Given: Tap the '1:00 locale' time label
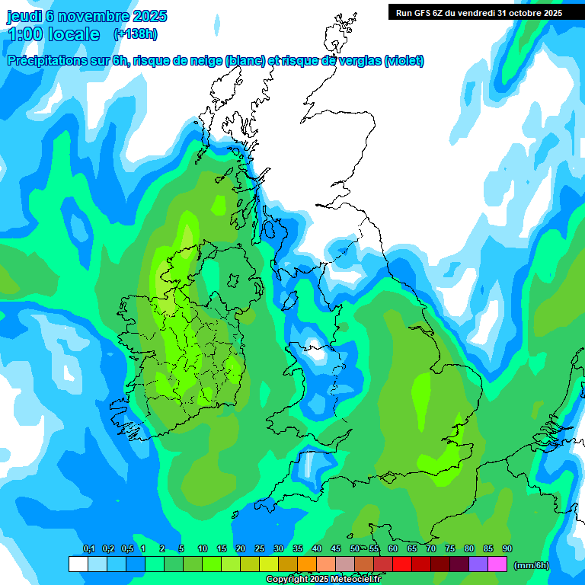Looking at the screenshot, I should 53,34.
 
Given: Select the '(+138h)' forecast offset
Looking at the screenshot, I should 135,34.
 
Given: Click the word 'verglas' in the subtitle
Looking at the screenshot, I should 360,61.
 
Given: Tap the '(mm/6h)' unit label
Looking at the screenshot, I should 532,565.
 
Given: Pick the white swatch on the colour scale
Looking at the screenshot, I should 78,564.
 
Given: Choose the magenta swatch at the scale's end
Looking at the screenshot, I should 497,564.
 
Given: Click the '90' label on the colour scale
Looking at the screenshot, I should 507,549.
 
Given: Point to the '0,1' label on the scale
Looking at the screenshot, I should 89,549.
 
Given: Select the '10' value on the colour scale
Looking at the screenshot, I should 203,549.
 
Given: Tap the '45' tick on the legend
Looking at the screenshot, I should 336,549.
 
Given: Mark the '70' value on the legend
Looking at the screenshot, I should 431,549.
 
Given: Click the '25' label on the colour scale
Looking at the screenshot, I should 260,549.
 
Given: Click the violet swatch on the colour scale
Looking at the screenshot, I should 478,564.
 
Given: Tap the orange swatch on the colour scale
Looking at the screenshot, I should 307,564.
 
